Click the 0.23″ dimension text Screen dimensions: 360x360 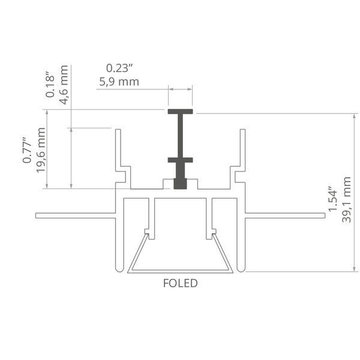[119, 68]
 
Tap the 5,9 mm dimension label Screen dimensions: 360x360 [119, 82]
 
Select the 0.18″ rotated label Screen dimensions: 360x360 [50, 85]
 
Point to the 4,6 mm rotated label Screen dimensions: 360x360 [64, 85]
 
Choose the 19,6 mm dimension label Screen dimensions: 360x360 [41, 150]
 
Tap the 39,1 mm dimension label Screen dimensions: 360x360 [346, 200]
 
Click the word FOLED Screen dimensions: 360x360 [180, 283]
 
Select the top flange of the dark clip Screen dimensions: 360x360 [180, 112]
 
